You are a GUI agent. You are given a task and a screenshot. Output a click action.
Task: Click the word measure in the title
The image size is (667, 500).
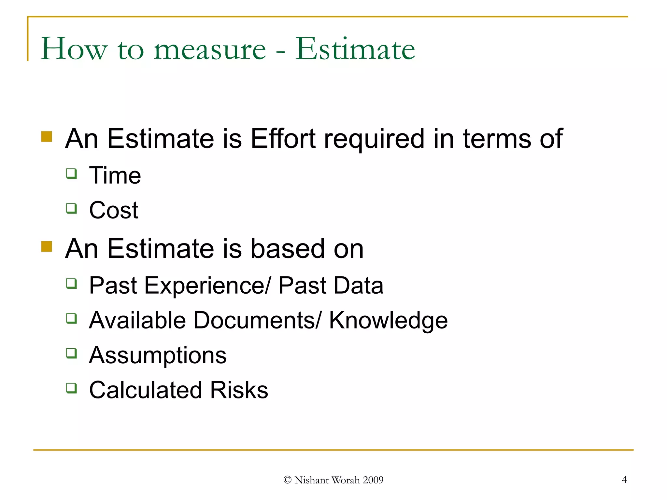(x=210, y=49)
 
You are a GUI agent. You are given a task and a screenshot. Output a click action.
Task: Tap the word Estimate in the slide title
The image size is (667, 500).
(x=355, y=49)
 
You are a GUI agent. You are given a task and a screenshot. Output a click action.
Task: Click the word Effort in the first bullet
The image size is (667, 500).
(x=283, y=139)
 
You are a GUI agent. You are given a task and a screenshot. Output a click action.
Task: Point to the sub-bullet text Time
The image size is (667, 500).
(x=115, y=175)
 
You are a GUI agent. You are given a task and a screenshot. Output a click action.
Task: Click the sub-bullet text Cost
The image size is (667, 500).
(x=114, y=210)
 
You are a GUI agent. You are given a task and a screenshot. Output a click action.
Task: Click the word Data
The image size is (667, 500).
(x=359, y=285)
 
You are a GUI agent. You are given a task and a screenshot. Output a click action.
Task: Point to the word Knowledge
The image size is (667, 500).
(x=388, y=321)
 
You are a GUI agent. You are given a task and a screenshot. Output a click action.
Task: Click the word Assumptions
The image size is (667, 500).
(x=158, y=355)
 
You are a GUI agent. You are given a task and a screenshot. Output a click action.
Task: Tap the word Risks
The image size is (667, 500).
(x=239, y=390)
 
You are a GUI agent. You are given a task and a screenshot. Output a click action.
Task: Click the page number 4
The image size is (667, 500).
(x=624, y=479)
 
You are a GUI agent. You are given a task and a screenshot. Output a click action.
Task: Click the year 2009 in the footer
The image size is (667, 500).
(x=373, y=480)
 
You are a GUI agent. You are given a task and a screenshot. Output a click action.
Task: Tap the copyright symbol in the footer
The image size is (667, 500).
(x=287, y=480)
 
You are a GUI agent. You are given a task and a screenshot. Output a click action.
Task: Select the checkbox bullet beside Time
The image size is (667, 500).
(x=72, y=174)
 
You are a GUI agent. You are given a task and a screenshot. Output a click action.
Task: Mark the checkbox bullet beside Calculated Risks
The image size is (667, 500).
(x=72, y=388)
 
